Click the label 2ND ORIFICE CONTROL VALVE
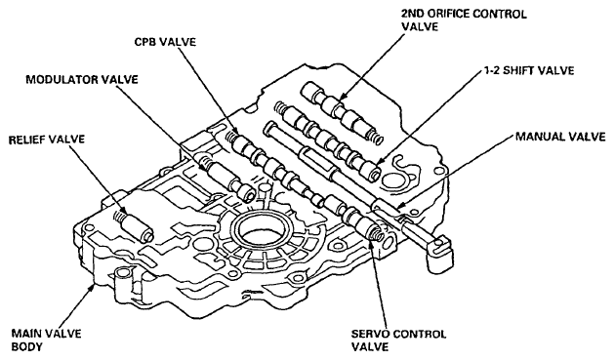(464, 20)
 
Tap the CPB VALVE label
(165, 42)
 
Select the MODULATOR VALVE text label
(82, 80)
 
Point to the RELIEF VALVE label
(47, 140)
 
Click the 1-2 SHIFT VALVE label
(528, 70)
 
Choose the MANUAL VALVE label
(560, 137)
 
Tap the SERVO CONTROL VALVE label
(398, 340)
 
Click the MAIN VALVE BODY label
(46, 340)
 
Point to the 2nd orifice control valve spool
(339, 110)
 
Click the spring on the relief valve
(120, 216)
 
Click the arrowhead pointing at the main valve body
(93, 289)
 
